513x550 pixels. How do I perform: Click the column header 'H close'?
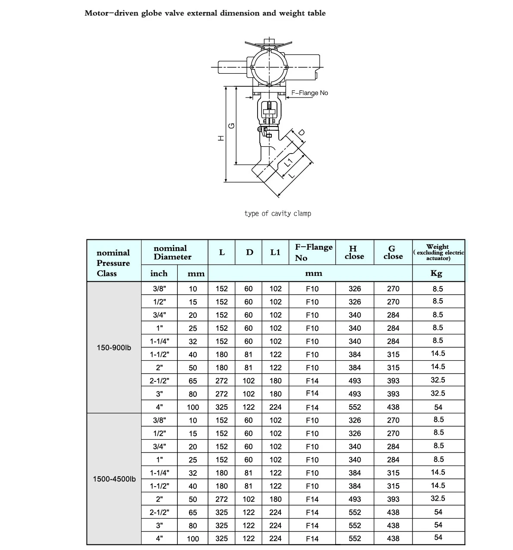pos(354,252)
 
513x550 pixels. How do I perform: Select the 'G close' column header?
pos(393,252)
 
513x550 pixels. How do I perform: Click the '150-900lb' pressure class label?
pos(114,348)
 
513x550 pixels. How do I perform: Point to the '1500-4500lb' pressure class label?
pos(114,479)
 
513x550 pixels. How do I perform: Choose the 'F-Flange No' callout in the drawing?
pos(309,93)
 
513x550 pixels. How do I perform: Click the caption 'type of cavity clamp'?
pos(277,214)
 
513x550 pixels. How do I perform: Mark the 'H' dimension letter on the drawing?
pos(220,138)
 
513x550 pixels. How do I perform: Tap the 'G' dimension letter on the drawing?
pos(232,126)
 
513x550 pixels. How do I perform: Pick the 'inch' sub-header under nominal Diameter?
pos(158,273)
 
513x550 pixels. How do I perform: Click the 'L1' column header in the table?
pos(275,252)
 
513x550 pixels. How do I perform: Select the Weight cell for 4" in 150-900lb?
pos(438,407)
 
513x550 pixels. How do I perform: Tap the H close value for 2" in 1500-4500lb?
pos(355,499)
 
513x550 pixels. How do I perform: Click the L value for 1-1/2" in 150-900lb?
pos(221,355)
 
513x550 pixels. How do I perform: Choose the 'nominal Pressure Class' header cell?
pos(113,263)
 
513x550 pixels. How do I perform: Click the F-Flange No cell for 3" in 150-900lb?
pos(312,393)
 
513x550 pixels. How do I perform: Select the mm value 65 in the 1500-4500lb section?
pos(192,512)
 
